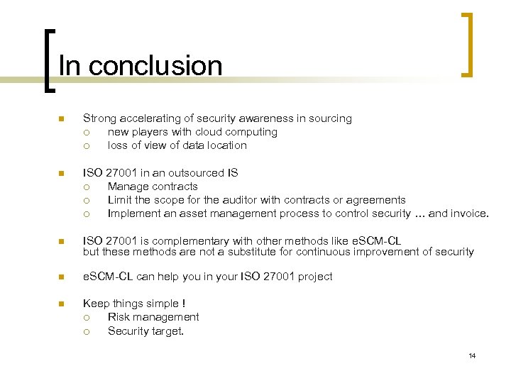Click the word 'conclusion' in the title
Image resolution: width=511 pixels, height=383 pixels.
click(x=155, y=66)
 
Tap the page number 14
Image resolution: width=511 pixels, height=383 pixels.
click(x=471, y=355)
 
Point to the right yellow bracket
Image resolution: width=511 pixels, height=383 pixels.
click(x=467, y=44)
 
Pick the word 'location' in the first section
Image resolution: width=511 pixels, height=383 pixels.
click(x=225, y=145)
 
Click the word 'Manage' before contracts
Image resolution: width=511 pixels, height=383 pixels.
click(x=126, y=187)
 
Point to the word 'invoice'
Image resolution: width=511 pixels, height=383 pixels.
click(x=468, y=213)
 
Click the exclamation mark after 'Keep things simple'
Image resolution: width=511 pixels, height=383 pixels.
click(x=184, y=304)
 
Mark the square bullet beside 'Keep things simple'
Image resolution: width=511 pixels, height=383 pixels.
click(x=62, y=304)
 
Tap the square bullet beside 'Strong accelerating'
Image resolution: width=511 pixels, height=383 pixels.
click(x=62, y=119)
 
